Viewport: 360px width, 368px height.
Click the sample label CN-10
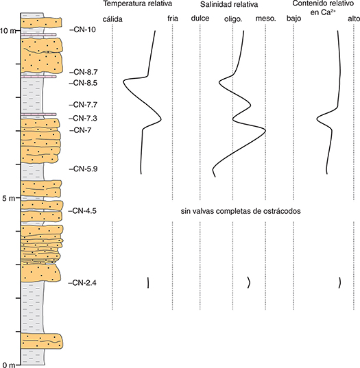click(83, 29)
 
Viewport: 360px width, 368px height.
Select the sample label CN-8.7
click(84, 72)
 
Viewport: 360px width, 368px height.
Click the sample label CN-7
click(80, 130)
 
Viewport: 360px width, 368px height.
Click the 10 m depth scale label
click(8, 31)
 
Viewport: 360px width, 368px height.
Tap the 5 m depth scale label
click(9, 199)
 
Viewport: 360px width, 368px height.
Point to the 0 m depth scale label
click(8, 365)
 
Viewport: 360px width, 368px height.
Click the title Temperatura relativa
click(138, 3)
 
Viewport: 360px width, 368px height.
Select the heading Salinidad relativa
click(229, 4)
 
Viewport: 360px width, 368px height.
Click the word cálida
click(112, 19)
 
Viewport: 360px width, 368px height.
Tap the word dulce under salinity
click(200, 19)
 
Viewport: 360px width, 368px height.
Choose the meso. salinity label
click(265, 19)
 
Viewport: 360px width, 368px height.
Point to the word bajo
click(293, 19)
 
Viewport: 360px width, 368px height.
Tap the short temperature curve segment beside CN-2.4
click(147, 282)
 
